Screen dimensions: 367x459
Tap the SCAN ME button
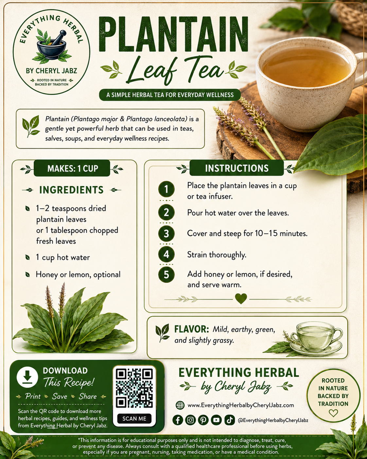[x=134, y=419]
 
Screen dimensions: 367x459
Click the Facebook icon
[x=178, y=420]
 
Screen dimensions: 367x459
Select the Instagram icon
[x=191, y=420]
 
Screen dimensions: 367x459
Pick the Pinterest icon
[x=203, y=420]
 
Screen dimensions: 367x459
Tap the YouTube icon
[x=216, y=420]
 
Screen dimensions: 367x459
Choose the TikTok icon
[x=230, y=420]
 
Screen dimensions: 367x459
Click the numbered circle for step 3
[x=166, y=233]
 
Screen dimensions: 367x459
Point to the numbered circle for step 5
[x=166, y=274]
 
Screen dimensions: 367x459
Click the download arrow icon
[x=27, y=377]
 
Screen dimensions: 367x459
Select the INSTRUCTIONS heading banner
[x=236, y=168]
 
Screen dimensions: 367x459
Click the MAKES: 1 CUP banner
[x=72, y=168]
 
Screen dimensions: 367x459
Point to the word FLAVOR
[x=191, y=329]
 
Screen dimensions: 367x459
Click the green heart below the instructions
[x=241, y=298]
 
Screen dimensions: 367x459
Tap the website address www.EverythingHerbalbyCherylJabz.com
[x=241, y=405]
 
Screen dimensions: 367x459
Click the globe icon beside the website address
[x=180, y=405]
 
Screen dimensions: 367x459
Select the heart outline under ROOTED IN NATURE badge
[x=333, y=413]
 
